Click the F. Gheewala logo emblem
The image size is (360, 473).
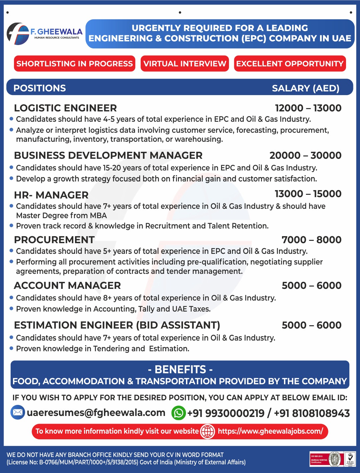pos(18,34)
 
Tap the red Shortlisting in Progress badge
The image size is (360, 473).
pos(75,64)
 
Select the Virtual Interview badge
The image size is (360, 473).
pos(185,64)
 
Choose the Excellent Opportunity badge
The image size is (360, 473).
pos(290,64)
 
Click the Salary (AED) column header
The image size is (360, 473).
pos(305,88)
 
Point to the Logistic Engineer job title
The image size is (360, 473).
pos(65,108)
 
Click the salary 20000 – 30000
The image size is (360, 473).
pos(305,155)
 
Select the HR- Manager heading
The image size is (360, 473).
pos(51,195)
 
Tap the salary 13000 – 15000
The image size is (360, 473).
pos(308,194)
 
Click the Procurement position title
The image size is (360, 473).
pos(54,240)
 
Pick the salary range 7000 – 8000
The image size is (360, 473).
pos(311,240)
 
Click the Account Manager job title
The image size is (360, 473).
pos(67,286)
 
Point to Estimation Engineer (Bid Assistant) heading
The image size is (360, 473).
pos(117,325)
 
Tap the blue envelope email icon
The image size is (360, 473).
pos(18,413)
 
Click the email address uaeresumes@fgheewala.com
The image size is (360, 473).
pos(96,413)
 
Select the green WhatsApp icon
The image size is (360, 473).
pos(178,413)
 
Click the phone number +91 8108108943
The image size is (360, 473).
pos(312,413)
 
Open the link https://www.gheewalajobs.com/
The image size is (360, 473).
pos(270,431)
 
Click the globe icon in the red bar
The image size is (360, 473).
pos(207,432)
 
